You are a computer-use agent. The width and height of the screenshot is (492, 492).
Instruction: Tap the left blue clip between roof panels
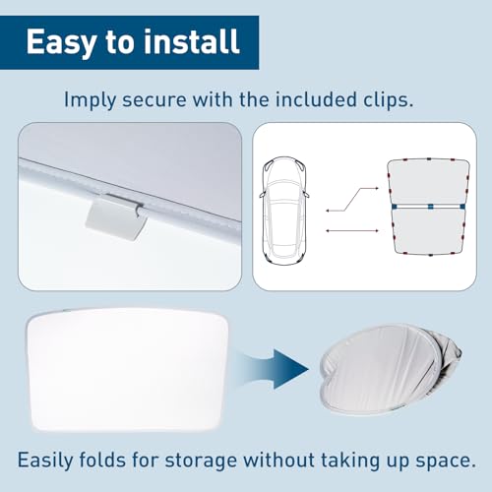(394, 207)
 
